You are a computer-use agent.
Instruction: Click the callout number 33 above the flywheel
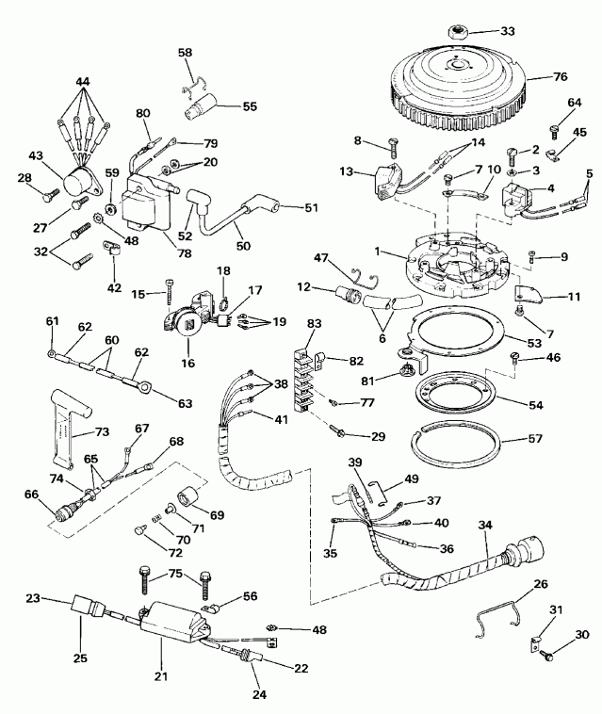[508, 32]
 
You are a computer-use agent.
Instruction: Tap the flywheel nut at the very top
[459, 34]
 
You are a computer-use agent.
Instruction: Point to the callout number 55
[250, 107]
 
